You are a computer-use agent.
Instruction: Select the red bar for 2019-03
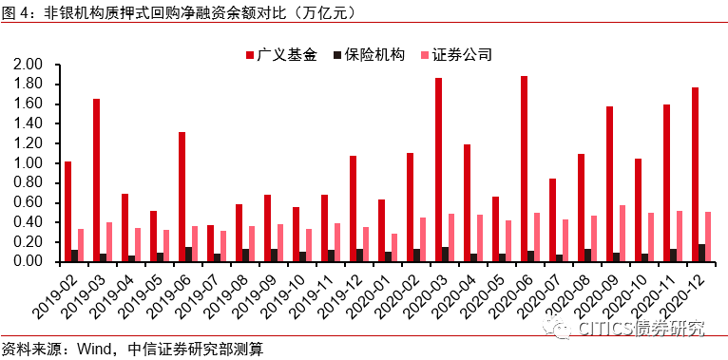click(96, 180)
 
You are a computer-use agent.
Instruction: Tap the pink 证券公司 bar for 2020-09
click(623, 234)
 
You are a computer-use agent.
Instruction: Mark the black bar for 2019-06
click(190, 255)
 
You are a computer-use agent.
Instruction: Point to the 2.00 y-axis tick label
click(28, 65)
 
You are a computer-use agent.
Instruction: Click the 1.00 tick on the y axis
click(28, 163)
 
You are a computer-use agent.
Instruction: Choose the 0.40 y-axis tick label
click(28, 222)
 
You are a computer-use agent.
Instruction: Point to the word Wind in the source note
click(94, 349)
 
